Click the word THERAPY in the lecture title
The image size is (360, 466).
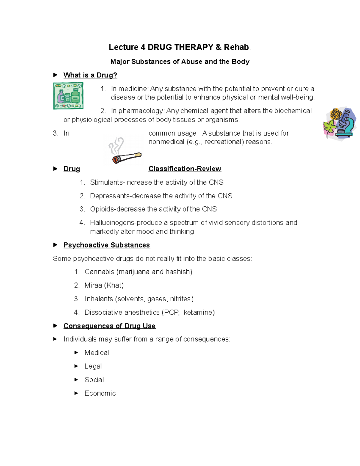tap(193, 47)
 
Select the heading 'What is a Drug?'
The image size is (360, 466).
tap(90, 75)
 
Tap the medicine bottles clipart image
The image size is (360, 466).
tap(68, 96)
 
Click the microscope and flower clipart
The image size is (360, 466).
tap(340, 124)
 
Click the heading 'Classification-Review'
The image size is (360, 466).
tap(185, 169)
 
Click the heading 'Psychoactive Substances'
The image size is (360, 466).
tap(106, 245)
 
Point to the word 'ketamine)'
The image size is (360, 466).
tap(199, 312)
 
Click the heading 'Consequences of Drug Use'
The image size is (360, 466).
tap(109, 326)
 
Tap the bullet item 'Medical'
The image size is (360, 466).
tap(97, 353)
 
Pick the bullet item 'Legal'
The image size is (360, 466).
tap(93, 366)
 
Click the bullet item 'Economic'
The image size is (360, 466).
tap(100, 393)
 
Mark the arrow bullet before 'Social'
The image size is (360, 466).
tap(76, 380)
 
